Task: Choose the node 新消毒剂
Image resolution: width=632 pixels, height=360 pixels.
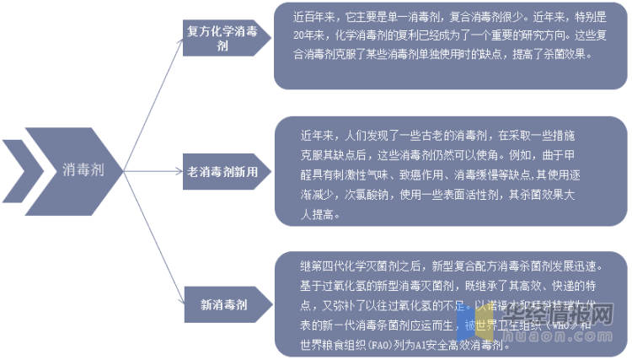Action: coord(223,304)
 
